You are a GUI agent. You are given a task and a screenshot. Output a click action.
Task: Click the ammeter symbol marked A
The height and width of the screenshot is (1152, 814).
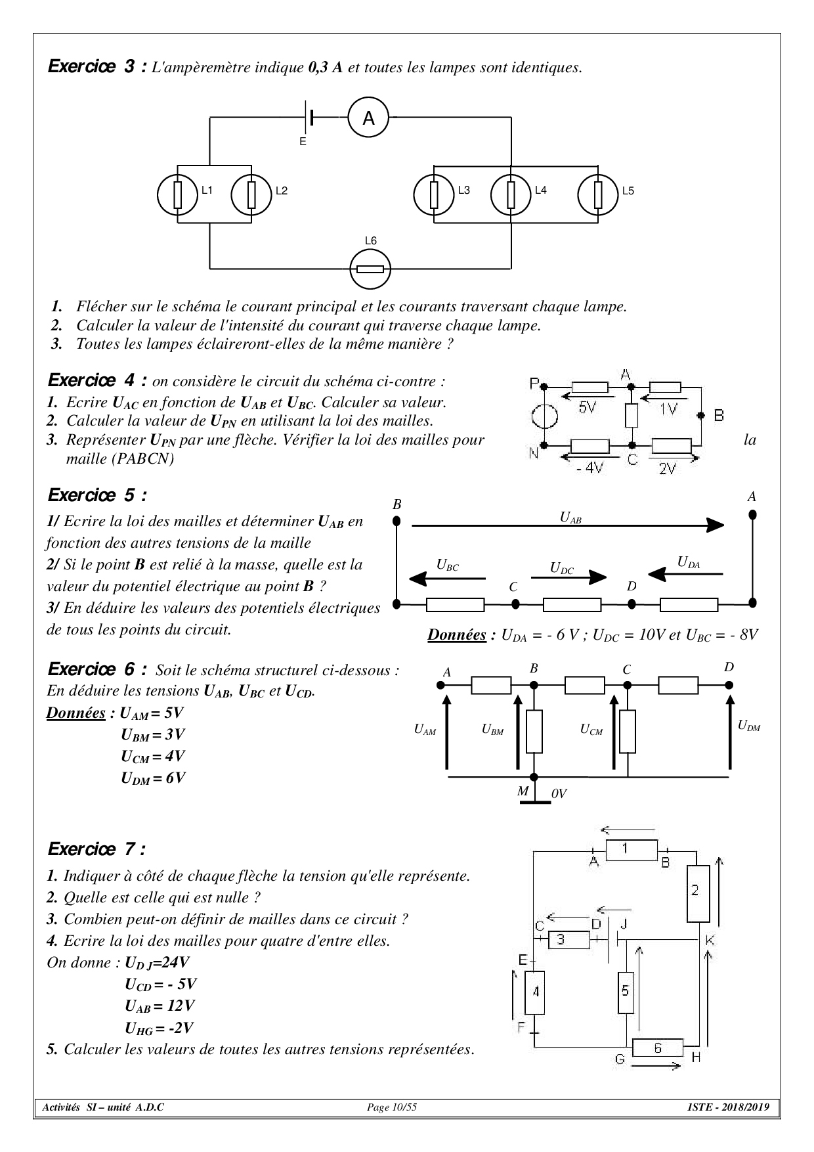coord(368,118)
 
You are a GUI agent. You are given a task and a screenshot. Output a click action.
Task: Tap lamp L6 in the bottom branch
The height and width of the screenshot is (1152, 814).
coord(370,269)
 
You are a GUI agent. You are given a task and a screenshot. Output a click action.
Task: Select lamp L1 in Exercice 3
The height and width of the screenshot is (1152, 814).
coord(177,195)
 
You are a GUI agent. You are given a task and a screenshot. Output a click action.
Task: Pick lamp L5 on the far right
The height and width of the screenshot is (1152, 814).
coord(597,195)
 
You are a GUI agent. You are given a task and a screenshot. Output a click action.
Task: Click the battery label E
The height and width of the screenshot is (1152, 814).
coord(303,141)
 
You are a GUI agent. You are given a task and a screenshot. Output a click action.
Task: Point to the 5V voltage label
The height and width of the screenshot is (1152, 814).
coord(588,407)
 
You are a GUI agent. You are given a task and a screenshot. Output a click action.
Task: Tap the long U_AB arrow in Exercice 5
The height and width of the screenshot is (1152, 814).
coord(568,525)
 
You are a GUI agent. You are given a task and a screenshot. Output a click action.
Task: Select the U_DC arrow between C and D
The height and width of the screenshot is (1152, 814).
coord(568,577)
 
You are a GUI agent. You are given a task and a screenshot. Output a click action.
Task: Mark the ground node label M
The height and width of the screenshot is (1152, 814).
coord(523,791)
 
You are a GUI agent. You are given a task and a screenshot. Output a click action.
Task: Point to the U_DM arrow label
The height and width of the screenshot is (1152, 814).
coord(748,726)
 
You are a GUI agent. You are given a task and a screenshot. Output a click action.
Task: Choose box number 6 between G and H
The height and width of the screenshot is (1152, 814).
coord(658,1049)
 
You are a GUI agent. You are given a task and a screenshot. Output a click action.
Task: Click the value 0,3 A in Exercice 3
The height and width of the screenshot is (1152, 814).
coord(325,68)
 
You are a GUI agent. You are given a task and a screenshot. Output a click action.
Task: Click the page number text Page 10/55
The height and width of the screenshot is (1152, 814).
coord(392,1108)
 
